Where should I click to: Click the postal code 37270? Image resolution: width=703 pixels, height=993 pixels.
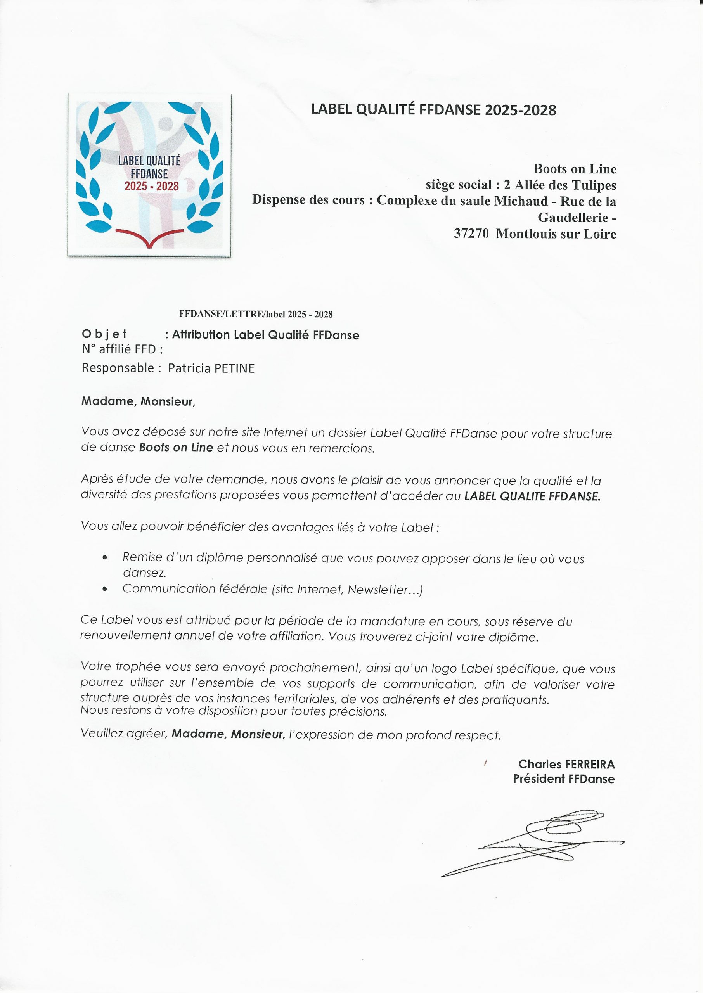tap(471, 234)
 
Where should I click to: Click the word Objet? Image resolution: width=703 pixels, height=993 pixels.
tap(104, 334)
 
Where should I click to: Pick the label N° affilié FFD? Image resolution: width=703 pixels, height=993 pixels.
tap(122, 349)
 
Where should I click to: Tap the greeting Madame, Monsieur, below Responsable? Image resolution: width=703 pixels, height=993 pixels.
tap(139, 401)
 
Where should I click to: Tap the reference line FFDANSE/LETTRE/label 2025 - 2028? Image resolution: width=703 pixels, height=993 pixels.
tap(255, 315)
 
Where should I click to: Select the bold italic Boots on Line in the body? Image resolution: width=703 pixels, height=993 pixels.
tap(176, 447)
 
